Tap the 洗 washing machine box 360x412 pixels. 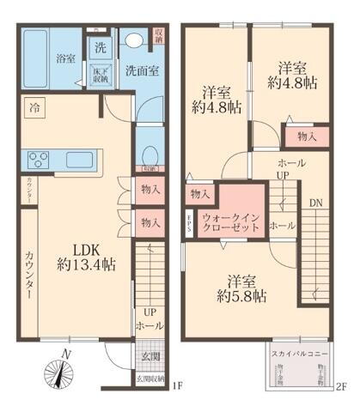click(101, 48)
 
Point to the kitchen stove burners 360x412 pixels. click(40, 159)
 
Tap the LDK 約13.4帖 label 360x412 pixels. click(75, 253)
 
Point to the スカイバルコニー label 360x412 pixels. click(297, 354)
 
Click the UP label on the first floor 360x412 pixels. click(149, 312)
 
